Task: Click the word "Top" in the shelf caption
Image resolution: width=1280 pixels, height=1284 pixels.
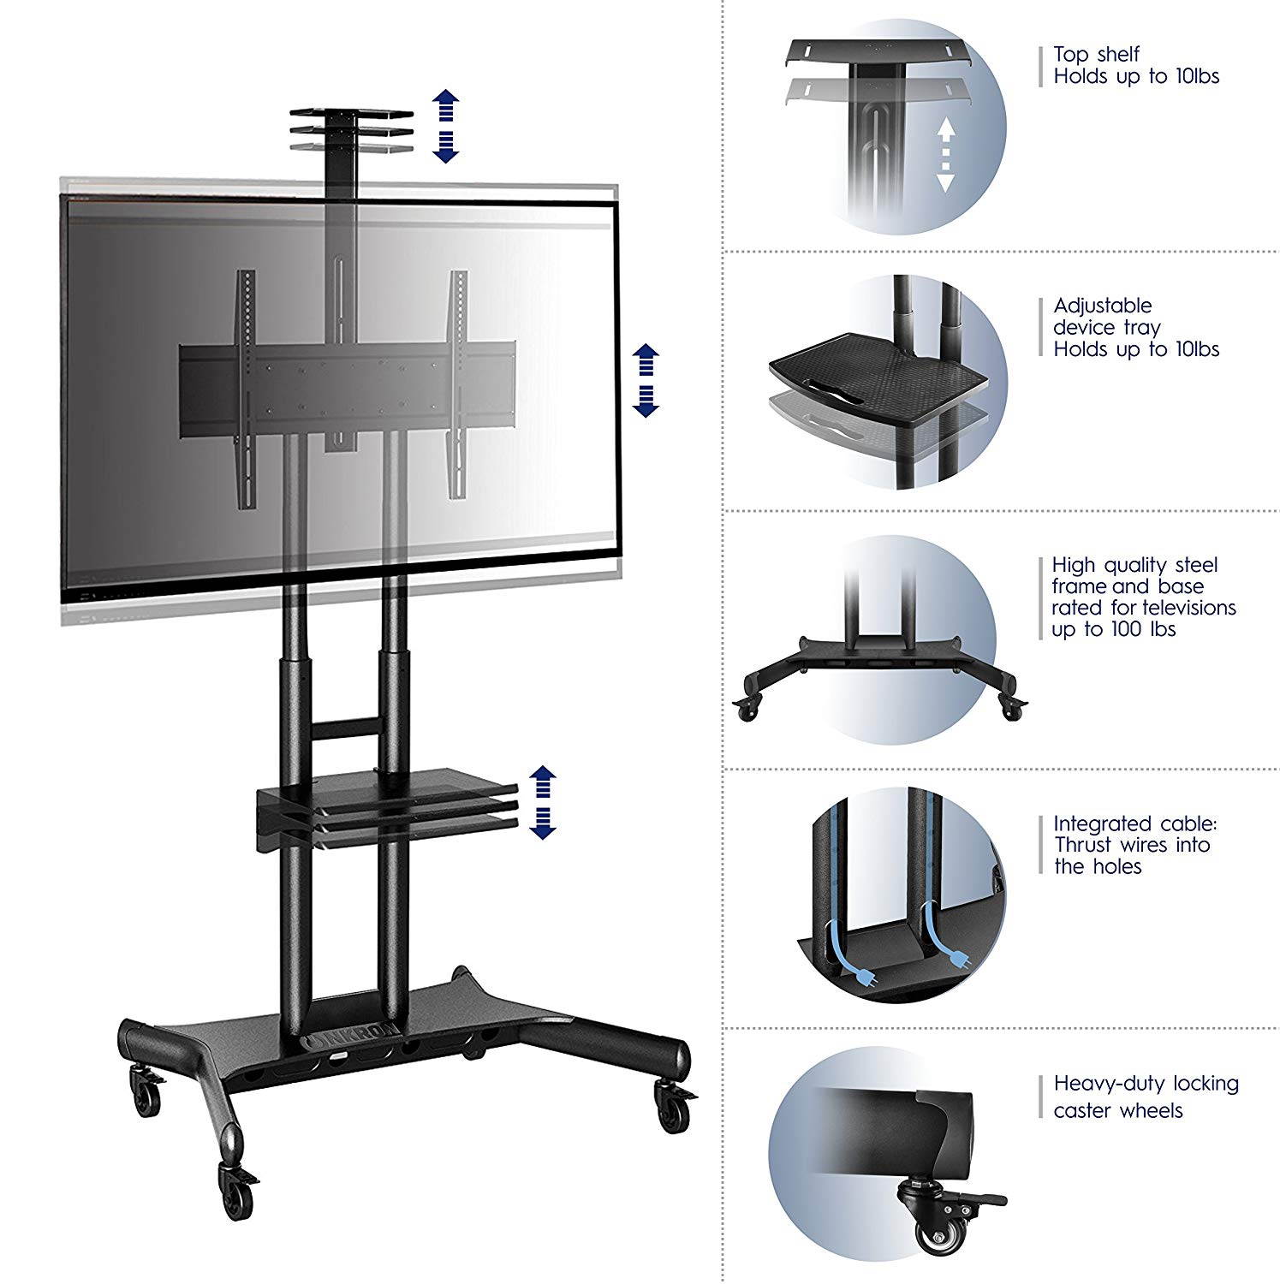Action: click(1070, 55)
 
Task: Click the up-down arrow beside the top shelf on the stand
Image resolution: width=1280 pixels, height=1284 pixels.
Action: click(445, 125)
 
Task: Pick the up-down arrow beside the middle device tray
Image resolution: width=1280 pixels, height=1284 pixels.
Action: click(542, 801)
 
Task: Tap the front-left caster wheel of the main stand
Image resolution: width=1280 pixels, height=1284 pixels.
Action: click(237, 1189)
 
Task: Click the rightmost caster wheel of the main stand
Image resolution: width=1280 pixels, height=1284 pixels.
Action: click(672, 1109)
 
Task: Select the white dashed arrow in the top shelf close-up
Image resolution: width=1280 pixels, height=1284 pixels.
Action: click(944, 154)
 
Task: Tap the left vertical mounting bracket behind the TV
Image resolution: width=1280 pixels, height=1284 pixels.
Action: click(247, 385)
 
